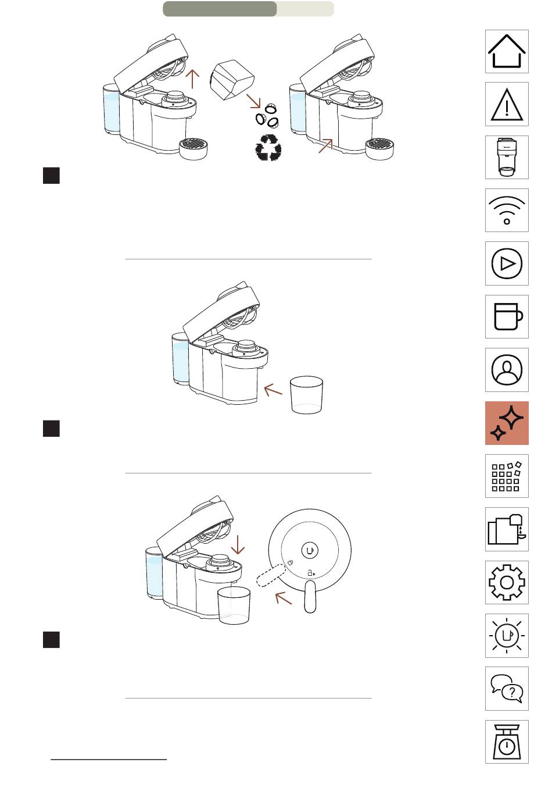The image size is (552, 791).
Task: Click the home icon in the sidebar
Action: [507, 52]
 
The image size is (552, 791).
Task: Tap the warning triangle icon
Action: [507, 104]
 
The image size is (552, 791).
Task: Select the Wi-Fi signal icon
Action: [507, 211]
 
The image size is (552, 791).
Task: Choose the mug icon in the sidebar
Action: [507, 317]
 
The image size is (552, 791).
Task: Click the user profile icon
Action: [507, 370]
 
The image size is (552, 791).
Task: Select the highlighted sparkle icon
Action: [507, 423]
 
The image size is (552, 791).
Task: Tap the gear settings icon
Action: [507, 582]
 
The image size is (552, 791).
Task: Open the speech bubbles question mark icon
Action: [507, 689]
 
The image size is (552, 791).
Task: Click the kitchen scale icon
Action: [507, 742]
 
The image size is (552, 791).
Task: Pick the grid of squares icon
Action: [507, 476]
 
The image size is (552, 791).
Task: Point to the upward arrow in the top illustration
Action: [192, 79]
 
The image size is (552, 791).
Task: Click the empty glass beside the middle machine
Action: [306, 396]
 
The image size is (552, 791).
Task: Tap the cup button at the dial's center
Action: [310, 550]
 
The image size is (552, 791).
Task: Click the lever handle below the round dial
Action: [310, 597]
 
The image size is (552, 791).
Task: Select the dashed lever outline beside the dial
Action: [269, 576]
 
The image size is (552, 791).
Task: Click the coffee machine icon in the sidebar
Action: [507, 157]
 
